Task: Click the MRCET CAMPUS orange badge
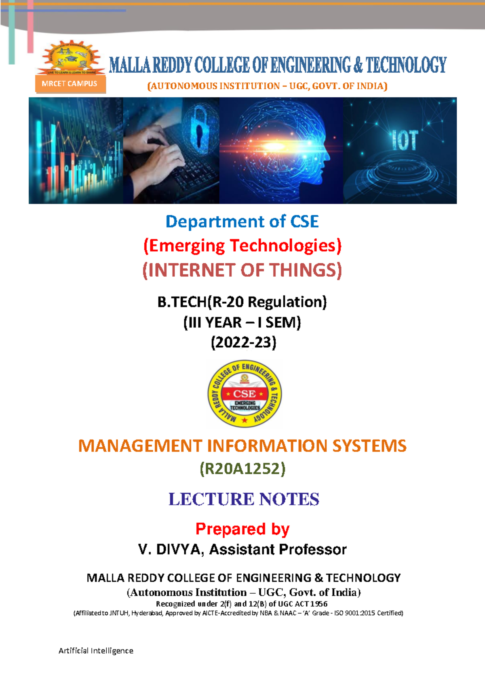70,84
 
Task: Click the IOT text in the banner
404,141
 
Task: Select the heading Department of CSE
242,222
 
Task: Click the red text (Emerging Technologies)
242,246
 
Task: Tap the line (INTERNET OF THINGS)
242,270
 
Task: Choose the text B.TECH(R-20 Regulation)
242,302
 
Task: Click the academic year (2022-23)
243,342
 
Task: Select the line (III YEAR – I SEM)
242,322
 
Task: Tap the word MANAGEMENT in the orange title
140,446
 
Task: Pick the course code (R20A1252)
242,469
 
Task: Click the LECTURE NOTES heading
244,499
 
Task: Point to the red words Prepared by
242,529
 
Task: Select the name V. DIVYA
170,550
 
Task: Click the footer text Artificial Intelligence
96,651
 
